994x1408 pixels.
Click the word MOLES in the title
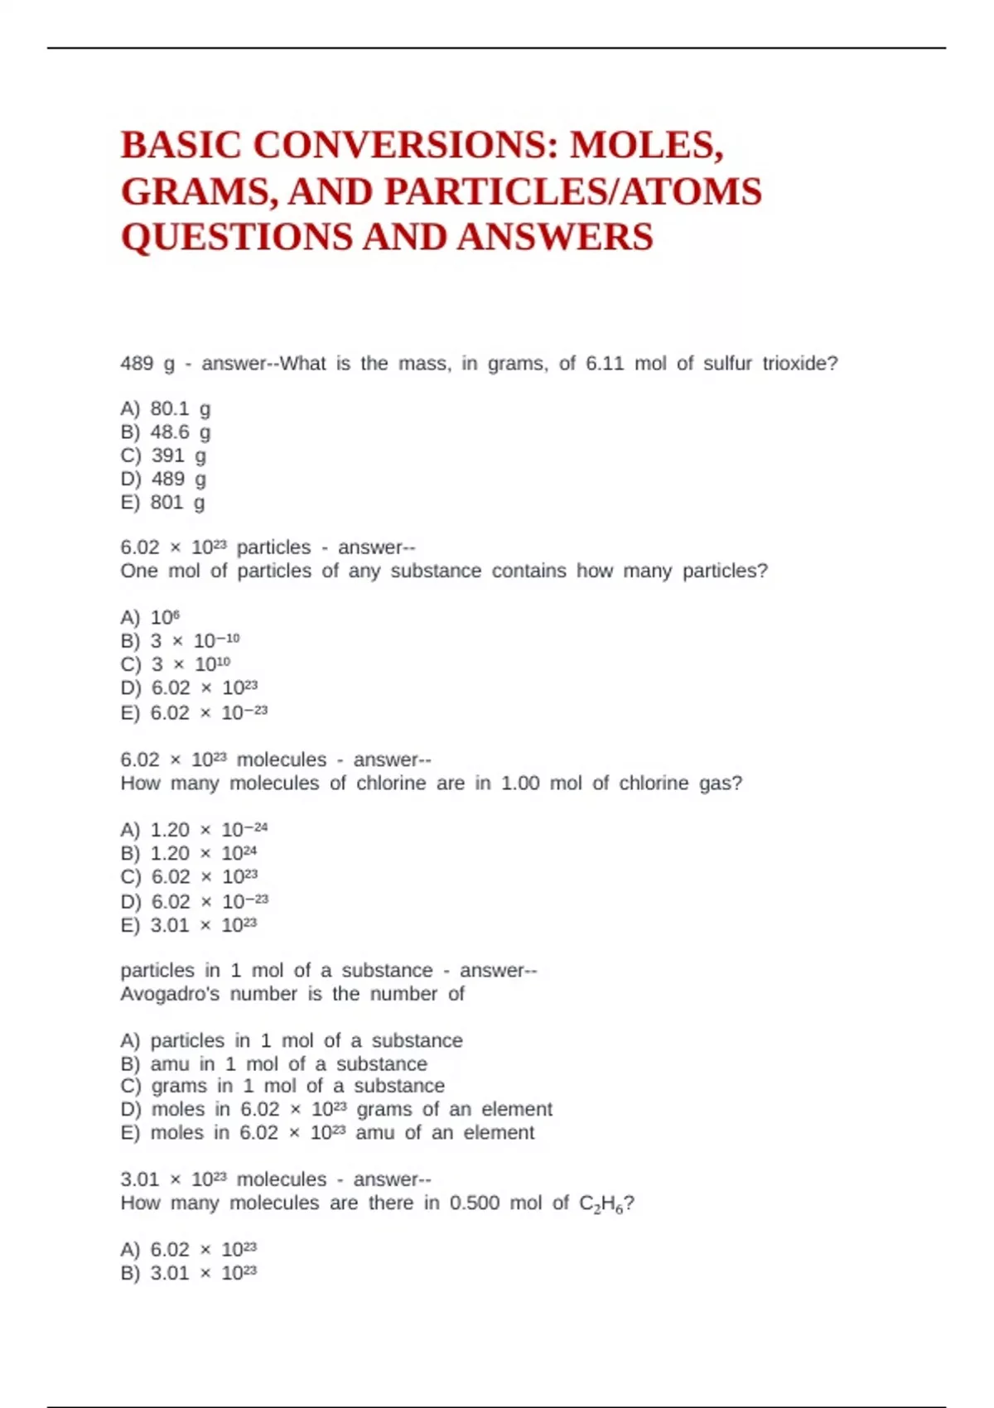pyautogui.click(x=646, y=145)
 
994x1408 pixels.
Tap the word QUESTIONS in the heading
pyautogui.click(x=236, y=238)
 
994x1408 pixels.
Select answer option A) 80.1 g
pyautogui.click(x=166, y=409)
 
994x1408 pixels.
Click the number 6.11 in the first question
pyautogui.click(x=604, y=364)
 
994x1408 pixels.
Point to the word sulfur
pyautogui.click(x=727, y=364)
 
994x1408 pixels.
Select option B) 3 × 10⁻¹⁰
pyautogui.click(x=180, y=641)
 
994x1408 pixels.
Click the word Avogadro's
pyautogui.click(x=170, y=994)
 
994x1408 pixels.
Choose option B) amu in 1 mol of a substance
pyautogui.click(x=273, y=1064)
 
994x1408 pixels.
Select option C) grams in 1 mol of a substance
pyautogui.click(x=282, y=1086)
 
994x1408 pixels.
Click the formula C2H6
pyautogui.click(x=601, y=1203)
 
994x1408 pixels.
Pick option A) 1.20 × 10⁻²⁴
pyautogui.click(x=194, y=830)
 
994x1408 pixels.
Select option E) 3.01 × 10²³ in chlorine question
pyautogui.click(x=189, y=926)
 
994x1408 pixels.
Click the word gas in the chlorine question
pyautogui.click(x=715, y=784)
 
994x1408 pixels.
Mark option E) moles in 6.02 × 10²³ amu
pyautogui.click(x=327, y=1133)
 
